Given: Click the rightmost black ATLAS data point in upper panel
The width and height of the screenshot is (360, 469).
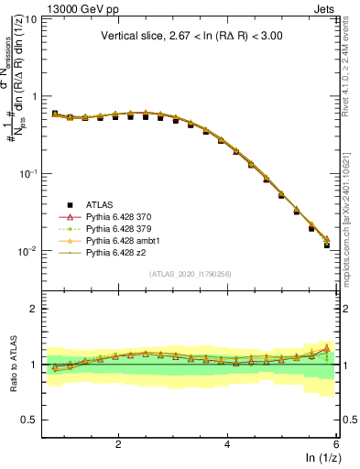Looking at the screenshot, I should coord(327,245).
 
